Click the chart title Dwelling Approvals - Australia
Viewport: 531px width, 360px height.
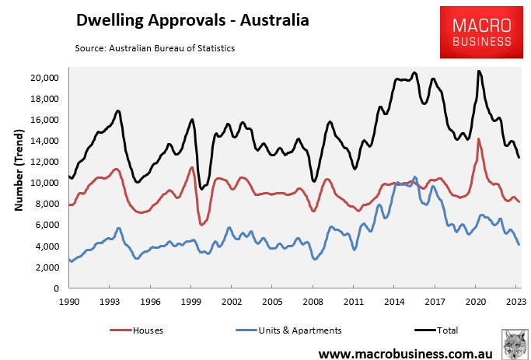pos(192,20)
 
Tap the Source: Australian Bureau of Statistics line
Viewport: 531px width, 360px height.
pos(155,48)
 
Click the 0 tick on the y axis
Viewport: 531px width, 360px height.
pos(57,288)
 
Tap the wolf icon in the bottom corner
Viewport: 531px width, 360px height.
pos(513,343)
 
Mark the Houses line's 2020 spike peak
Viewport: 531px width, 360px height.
pos(478,139)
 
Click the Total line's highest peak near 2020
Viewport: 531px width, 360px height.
pos(479,72)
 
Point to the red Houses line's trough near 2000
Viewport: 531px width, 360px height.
pos(201,224)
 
